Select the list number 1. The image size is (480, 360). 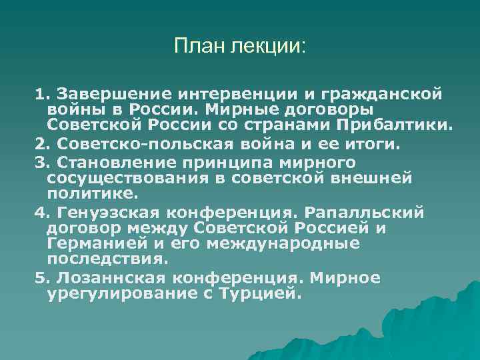tap(42, 92)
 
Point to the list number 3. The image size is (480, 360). tap(42, 162)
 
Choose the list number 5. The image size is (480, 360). tap(42, 277)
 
